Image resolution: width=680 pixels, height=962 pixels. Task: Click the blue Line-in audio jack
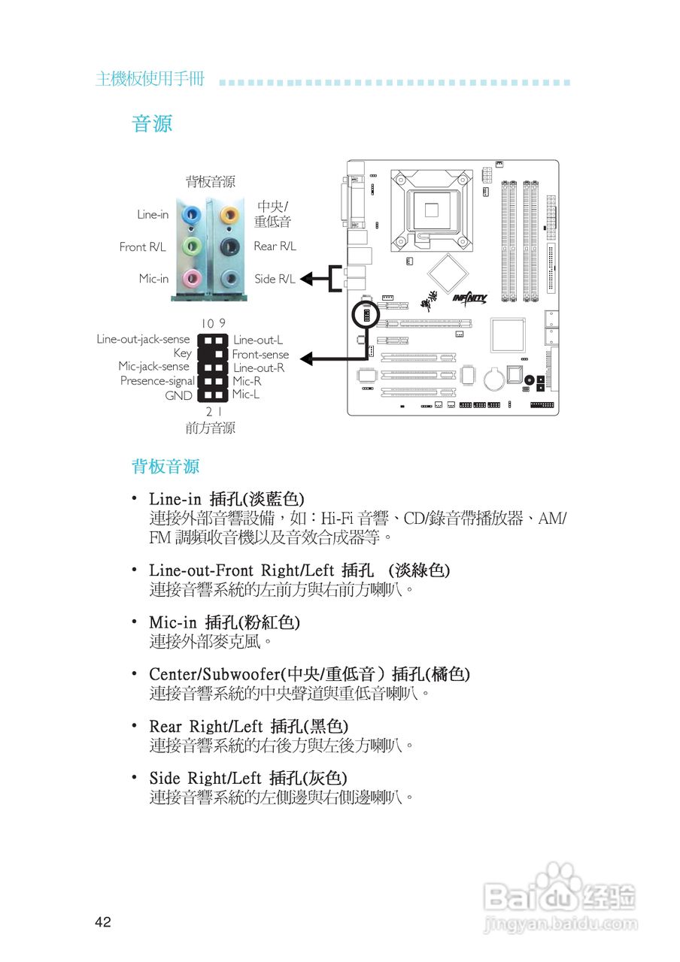pos(193,213)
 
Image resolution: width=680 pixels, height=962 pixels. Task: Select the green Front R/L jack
pos(193,246)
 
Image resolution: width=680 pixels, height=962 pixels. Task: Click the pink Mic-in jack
pos(193,279)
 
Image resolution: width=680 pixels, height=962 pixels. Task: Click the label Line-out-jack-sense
pos(143,339)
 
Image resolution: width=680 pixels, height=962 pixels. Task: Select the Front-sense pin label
pos(260,354)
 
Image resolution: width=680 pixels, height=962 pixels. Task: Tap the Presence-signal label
pos(157,381)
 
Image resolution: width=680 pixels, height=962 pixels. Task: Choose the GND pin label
pos(179,395)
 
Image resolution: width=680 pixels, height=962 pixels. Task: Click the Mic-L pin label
pos(246,394)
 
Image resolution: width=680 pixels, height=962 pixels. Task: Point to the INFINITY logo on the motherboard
pos(470,298)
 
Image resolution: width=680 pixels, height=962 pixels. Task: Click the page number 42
pos(103,922)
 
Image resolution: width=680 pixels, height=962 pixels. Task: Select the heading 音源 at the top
pos(152,124)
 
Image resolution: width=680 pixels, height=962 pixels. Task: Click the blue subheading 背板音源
pos(165,467)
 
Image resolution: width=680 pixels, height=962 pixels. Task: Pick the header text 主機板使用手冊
pos(150,79)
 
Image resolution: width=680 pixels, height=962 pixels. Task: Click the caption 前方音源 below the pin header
pos(210,428)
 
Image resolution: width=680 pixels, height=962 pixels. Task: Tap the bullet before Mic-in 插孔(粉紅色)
pos(134,621)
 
